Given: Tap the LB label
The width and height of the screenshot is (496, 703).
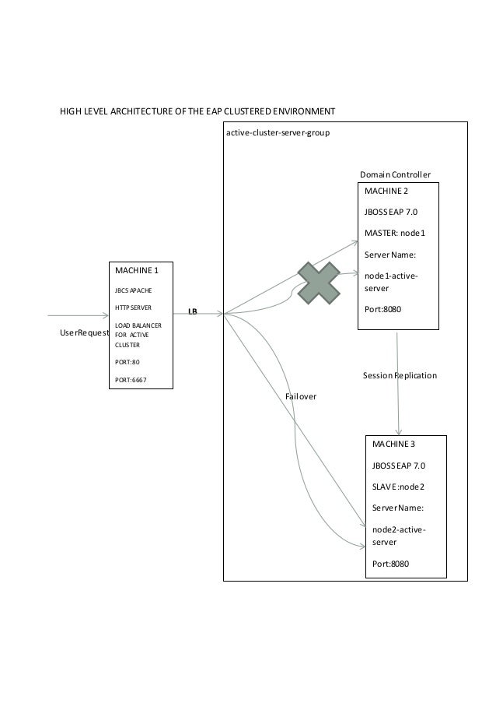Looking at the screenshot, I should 192,311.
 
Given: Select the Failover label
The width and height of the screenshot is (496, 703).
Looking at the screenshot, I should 301,396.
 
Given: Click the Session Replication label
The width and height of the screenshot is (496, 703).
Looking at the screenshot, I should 400,375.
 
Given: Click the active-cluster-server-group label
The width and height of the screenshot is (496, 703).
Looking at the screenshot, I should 278,133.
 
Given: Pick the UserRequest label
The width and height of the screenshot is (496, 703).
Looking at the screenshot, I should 83,332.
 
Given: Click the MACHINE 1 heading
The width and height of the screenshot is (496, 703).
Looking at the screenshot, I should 137,270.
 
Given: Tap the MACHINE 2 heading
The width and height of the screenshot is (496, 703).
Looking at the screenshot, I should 386,190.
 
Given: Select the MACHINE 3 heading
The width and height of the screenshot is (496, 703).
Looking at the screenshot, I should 393,445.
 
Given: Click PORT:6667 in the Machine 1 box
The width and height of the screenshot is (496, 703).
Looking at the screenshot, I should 131,381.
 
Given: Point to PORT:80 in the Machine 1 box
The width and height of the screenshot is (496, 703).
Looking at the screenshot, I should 127,362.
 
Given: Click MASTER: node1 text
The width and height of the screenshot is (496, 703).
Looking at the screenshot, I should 400,233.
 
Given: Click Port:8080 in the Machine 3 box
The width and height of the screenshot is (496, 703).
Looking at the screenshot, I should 391,563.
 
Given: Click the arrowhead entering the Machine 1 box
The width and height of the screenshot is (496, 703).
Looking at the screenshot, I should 105,315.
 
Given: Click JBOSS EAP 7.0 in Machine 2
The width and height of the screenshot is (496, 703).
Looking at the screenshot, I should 395,212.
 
